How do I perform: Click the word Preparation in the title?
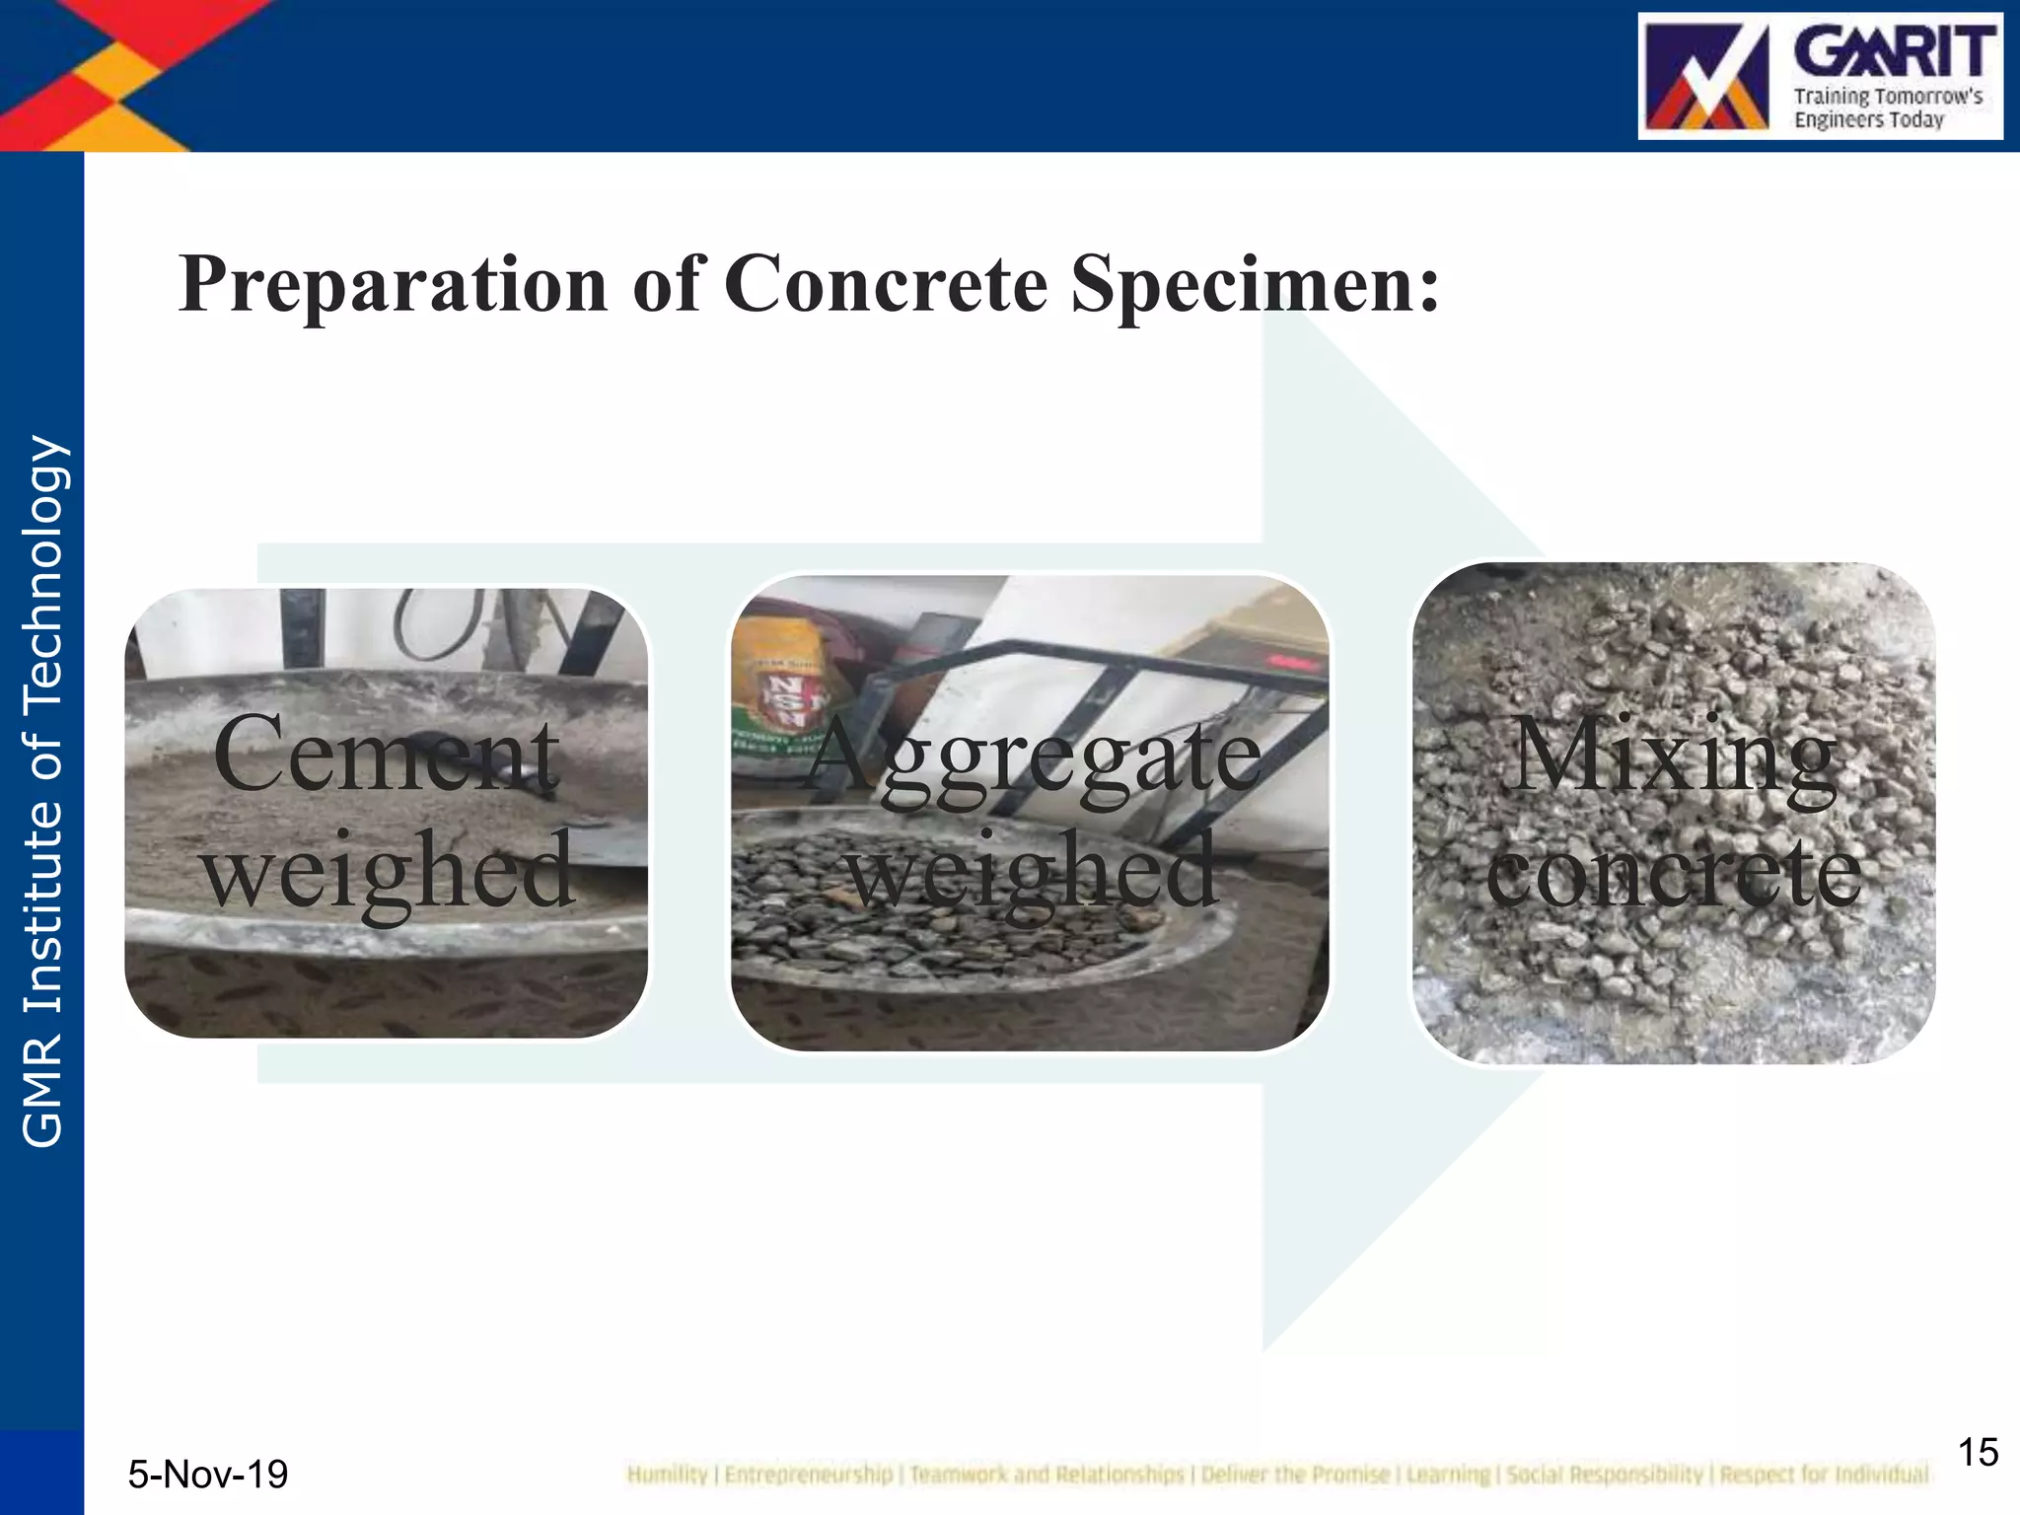click(x=393, y=284)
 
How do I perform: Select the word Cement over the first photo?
click(x=386, y=755)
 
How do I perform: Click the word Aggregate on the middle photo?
click(x=1033, y=757)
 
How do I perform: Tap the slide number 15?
click(x=1977, y=1453)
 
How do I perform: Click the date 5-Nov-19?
click(x=208, y=1475)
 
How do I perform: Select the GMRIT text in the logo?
click(x=1894, y=52)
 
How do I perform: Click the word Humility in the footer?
click(x=667, y=1475)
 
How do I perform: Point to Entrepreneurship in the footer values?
click(x=808, y=1475)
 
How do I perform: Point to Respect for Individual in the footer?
click(x=1824, y=1475)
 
